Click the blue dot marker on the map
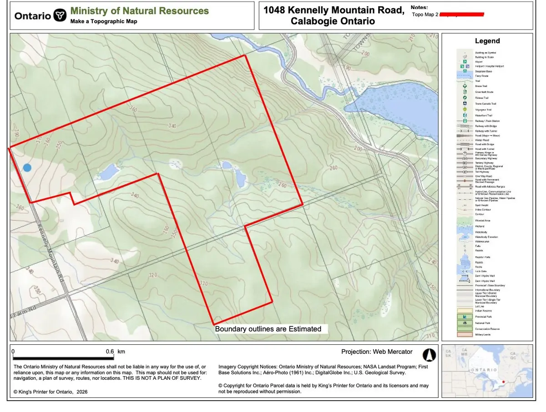point(27,168)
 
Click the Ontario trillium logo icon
point(59,15)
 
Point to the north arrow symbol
point(428,354)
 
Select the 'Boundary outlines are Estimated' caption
point(268,329)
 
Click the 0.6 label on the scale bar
point(110,351)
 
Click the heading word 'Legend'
point(487,41)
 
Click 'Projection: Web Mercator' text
point(377,352)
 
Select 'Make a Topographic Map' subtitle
point(103,21)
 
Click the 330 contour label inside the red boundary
point(204,283)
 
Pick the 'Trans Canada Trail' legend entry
point(485,104)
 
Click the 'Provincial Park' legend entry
point(484,317)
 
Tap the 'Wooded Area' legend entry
point(483,220)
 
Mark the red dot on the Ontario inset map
point(502,382)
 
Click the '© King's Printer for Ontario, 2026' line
point(50,392)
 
